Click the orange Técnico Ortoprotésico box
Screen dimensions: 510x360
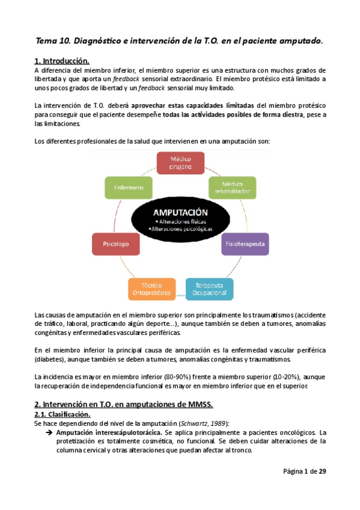point(152,289)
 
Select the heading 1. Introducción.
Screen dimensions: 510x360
point(63,61)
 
